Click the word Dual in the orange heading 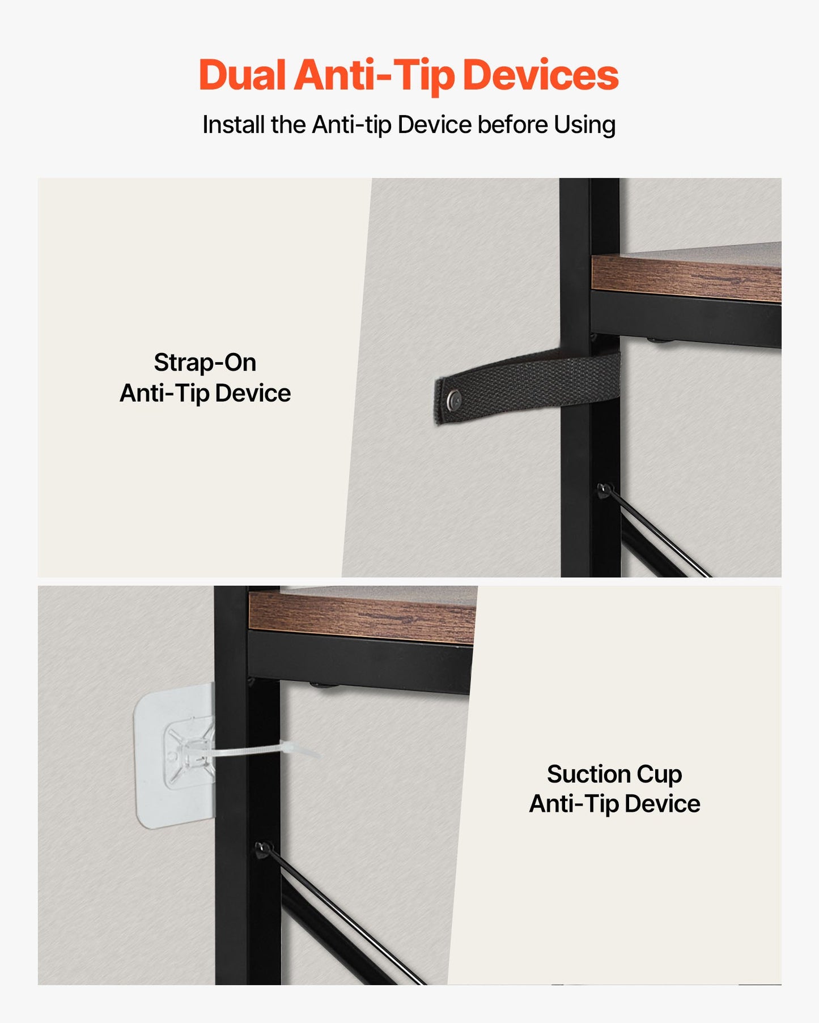tap(242, 75)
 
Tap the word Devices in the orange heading tap(541, 75)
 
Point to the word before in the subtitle tap(512, 125)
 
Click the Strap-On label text tap(205, 363)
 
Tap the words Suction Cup tap(614, 774)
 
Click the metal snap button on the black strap tap(453, 399)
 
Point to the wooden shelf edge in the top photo tap(686, 277)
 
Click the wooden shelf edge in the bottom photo tap(362, 618)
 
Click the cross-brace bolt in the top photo tap(605, 489)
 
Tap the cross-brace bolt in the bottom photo tap(263, 849)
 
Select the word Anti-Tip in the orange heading tap(374, 76)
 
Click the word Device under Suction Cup tap(663, 804)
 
